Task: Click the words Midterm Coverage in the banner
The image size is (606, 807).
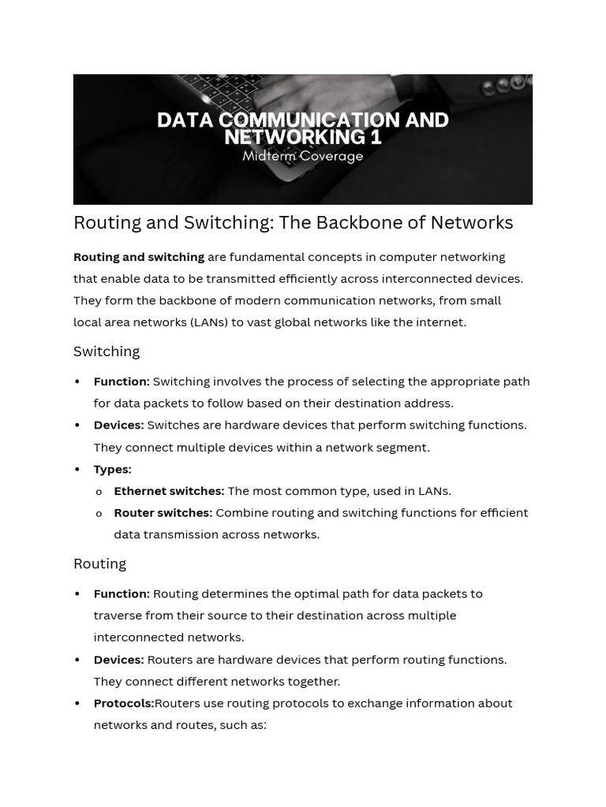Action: tap(303, 156)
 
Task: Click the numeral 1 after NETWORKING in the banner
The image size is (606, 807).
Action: tap(376, 137)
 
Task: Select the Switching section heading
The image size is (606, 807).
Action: tap(107, 351)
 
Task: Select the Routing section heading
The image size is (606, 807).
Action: tap(99, 563)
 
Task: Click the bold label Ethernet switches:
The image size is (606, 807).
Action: tap(169, 491)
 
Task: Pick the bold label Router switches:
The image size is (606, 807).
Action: tap(163, 513)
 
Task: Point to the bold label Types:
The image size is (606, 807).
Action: tap(112, 469)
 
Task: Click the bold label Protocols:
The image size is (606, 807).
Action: tap(124, 703)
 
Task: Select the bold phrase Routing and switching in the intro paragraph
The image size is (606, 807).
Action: tap(139, 257)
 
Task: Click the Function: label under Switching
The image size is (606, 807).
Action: tap(122, 381)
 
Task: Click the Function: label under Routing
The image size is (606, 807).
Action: tap(122, 593)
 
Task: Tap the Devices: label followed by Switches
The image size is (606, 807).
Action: tap(118, 426)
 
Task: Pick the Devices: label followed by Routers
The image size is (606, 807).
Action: tap(118, 660)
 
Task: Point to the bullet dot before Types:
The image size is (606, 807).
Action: tap(77, 470)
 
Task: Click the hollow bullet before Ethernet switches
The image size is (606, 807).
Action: tap(99, 492)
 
